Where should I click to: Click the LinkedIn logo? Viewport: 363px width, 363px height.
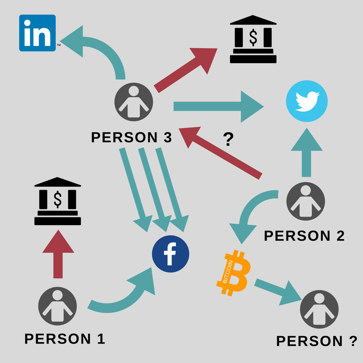[x=37, y=33]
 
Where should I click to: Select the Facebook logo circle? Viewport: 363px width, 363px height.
[x=170, y=254]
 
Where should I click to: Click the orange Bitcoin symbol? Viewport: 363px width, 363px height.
[x=232, y=272]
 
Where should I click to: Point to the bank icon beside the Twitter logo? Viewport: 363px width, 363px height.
[x=253, y=39]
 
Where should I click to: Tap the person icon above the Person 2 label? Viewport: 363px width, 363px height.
[x=306, y=201]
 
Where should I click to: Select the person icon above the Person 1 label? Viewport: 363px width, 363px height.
[x=58, y=306]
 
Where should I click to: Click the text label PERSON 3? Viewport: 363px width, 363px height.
[x=132, y=137]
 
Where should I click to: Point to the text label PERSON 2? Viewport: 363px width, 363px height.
[x=304, y=235]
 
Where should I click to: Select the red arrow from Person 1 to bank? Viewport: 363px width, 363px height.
[x=58, y=254]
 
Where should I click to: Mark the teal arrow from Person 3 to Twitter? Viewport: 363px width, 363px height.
[x=218, y=107]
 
